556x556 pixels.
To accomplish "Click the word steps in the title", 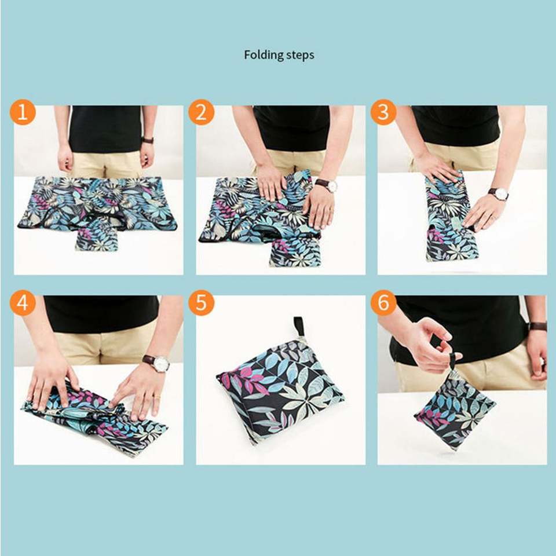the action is [301, 56].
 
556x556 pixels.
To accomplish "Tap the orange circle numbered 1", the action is [23, 112].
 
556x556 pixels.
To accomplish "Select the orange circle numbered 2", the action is [201, 112].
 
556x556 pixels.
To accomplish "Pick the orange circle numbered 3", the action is [383, 112].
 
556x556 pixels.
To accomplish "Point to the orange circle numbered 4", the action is [23, 303].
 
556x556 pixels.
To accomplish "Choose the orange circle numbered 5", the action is [201, 303].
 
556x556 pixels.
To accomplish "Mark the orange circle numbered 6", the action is [383, 303].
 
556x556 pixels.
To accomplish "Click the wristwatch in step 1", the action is [148, 140].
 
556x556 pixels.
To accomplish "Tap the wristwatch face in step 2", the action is [332, 185].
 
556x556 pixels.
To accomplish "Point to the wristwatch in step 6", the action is [538, 326].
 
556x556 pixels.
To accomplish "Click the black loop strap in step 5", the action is [299, 327].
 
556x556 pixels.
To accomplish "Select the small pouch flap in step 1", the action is [97, 236].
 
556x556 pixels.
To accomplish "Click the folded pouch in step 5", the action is [280, 390].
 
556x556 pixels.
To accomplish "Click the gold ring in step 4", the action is [157, 397].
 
